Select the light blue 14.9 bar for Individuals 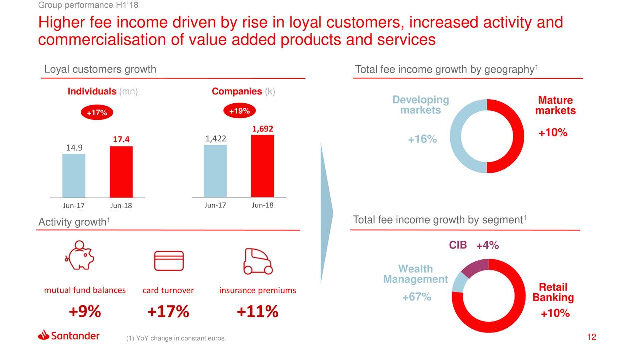pos(74,175)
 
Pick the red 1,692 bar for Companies pos(263,166)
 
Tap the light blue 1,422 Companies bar pos(215,171)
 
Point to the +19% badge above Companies pos(239,111)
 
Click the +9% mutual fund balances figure pos(85,312)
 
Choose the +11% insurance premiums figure pos(257,312)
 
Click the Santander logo pos(69,335)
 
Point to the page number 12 pos(592,338)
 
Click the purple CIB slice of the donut pos(475,268)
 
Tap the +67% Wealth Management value pos(417,298)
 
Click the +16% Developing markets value pos(422,140)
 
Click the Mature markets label pos(555,105)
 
